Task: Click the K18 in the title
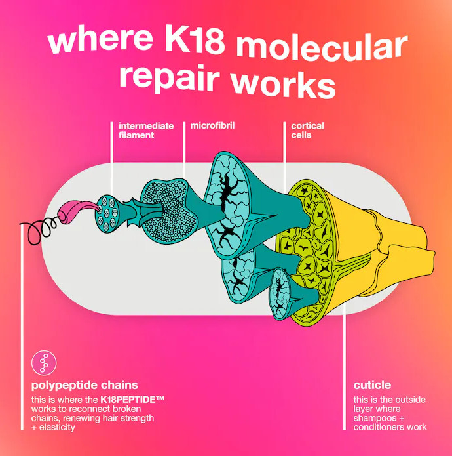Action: tap(195, 41)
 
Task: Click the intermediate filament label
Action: tap(146, 131)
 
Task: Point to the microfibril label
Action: tap(212, 125)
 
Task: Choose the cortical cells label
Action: tap(307, 131)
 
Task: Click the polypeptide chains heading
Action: tap(85, 385)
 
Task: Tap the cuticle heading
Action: tap(372, 385)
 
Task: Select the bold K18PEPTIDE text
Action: tap(132, 400)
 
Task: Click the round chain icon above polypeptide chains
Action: tap(44, 363)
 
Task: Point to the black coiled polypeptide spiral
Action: tap(39, 230)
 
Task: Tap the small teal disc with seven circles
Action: tap(107, 213)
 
